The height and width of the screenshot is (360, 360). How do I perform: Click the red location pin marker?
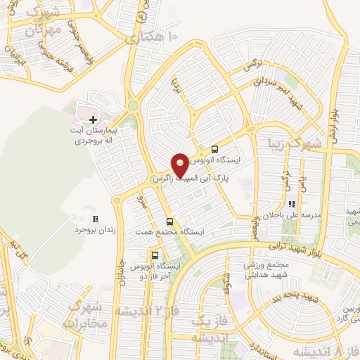coord(180,165)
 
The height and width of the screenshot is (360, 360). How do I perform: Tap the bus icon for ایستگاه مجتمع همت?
coord(169,221)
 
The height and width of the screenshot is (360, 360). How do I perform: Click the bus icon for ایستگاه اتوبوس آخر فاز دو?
coord(155,256)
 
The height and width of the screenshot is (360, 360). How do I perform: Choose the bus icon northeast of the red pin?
coord(214,149)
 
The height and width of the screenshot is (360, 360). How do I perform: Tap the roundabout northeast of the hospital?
coord(132,107)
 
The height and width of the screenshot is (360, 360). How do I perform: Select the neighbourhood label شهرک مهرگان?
coord(40,22)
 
